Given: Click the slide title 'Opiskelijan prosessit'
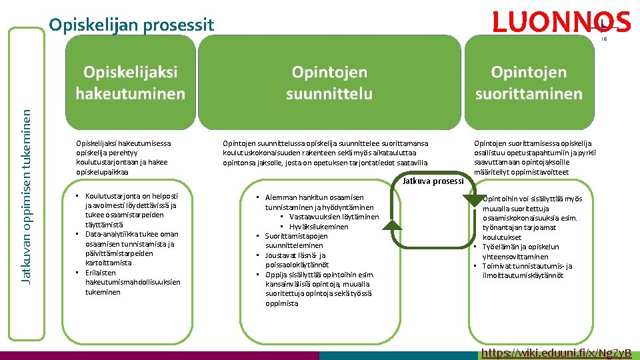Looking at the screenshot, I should [131, 25].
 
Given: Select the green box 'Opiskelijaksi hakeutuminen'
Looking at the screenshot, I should [130, 83].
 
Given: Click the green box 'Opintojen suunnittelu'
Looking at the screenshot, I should [329, 83].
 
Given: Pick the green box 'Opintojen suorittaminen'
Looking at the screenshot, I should [529, 83].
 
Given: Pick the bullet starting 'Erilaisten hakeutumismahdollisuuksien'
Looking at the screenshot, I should [132, 282].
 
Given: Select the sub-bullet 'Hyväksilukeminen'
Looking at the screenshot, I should [318, 227].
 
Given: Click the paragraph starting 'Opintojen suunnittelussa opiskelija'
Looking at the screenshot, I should [326, 153].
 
